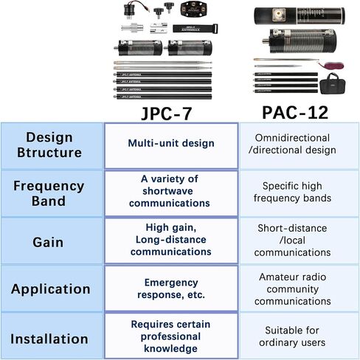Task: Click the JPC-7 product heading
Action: pos(167,114)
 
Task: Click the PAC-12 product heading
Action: pos(295,113)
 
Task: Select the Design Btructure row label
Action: pos(49,145)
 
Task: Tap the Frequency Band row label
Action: pos(49,193)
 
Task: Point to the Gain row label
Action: pos(48,242)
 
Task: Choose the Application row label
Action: pos(51,289)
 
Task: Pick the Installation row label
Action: pos(49,339)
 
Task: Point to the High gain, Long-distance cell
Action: pos(171,240)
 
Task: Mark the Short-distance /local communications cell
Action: pos(292,240)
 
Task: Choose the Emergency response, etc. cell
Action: pos(171,288)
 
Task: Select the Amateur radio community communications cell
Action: pos(293,289)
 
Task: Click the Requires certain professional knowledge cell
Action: pos(170,336)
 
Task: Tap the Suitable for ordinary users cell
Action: pos(292,336)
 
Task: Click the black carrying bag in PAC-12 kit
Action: pos(333,83)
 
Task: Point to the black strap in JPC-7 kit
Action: pos(195,28)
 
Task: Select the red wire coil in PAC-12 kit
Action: pos(332,65)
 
